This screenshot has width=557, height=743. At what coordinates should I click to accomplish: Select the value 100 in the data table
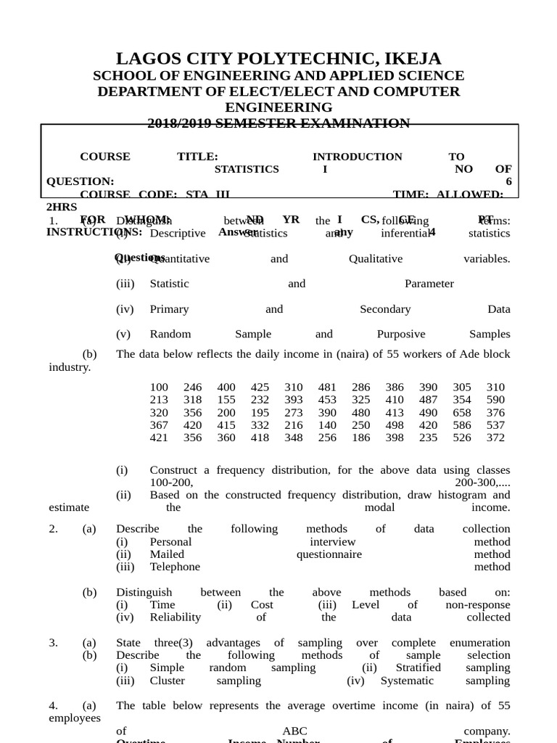159,387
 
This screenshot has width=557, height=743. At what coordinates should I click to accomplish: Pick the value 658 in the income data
462,412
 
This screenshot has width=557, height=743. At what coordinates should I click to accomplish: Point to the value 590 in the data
496,400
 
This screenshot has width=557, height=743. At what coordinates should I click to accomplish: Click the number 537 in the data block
496,424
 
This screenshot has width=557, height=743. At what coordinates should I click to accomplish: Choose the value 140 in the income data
327,424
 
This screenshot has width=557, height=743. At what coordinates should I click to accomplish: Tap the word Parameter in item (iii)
429,284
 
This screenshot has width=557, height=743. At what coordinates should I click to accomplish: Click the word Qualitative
375,259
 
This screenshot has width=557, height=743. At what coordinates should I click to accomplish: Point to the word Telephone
175,567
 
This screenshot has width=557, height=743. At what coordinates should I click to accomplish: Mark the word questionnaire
329,554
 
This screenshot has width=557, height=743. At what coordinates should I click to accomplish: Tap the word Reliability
175,617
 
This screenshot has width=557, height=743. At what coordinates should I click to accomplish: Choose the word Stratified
418,668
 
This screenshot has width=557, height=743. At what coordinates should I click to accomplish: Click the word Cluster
167,681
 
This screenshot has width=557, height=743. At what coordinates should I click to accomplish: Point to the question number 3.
53,643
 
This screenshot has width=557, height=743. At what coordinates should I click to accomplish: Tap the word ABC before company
292,731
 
